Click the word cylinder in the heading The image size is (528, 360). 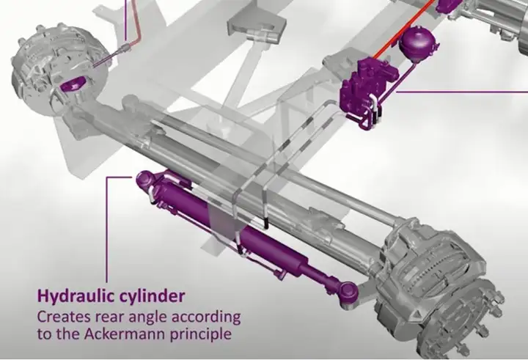(153, 296)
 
